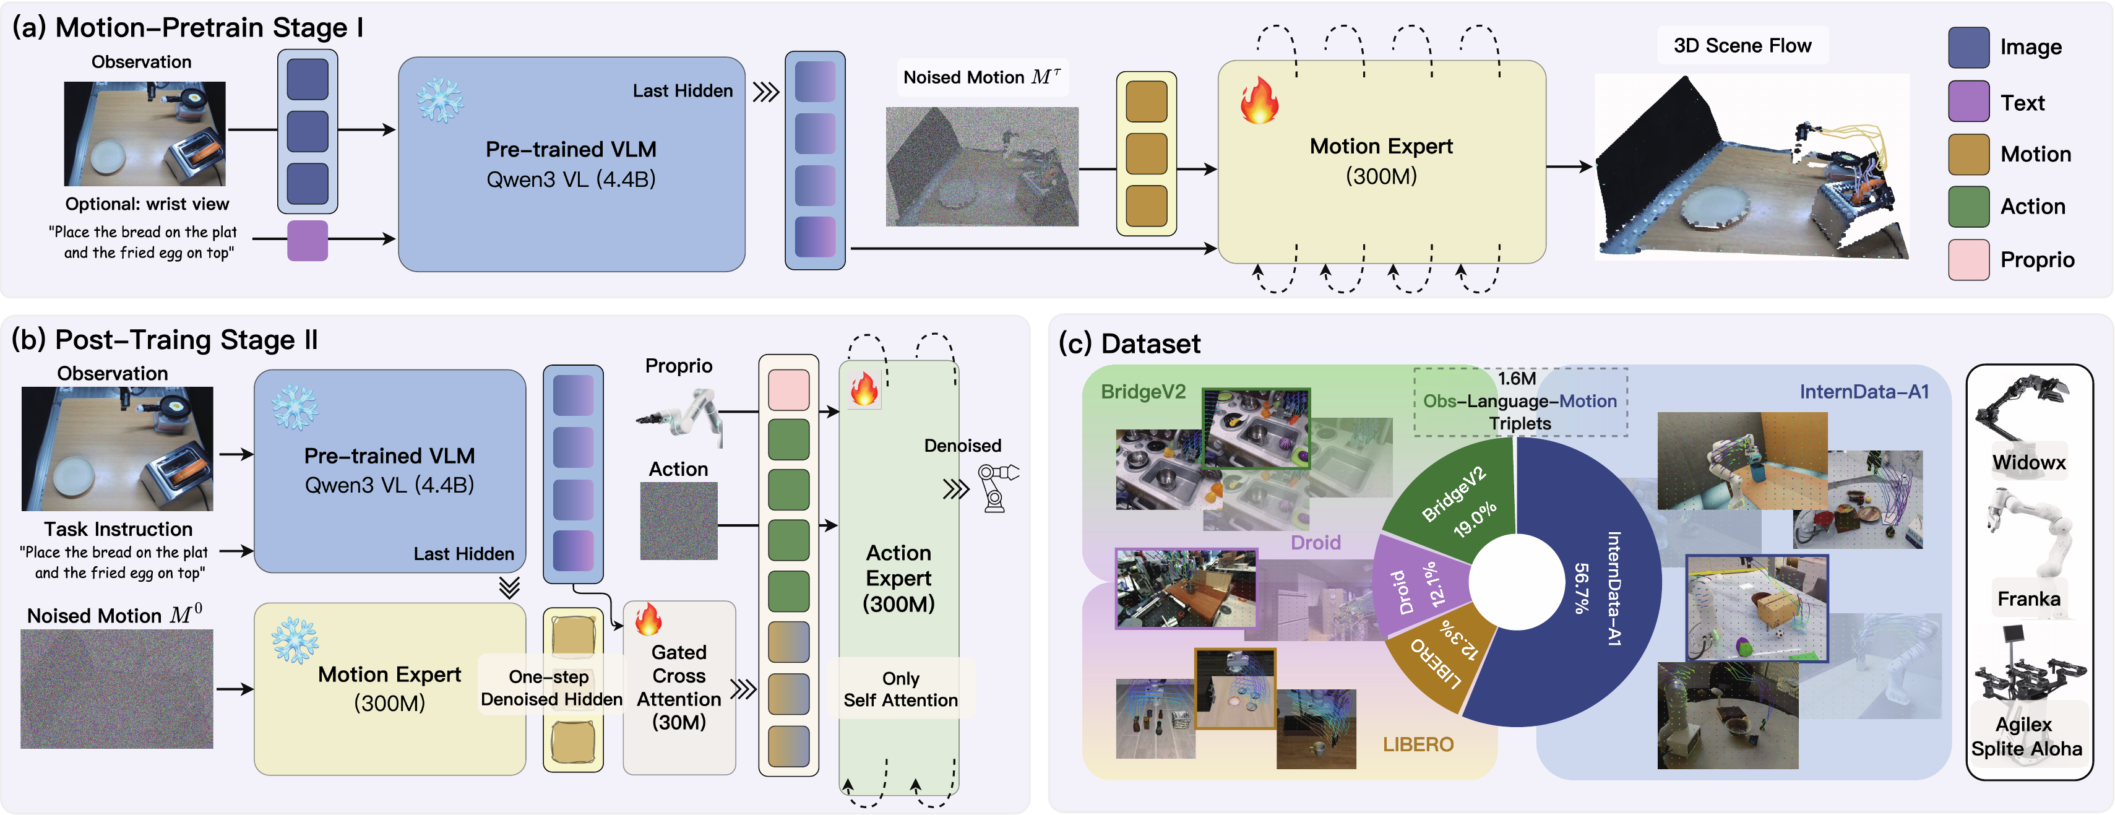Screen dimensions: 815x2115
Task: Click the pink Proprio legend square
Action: (x=1968, y=259)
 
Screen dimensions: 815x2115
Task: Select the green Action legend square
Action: (x=1968, y=206)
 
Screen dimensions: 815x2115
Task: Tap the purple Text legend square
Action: (x=1968, y=101)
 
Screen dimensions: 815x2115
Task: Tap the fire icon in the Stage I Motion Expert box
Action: (x=1259, y=101)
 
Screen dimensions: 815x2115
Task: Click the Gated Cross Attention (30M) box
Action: (x=679, y=687)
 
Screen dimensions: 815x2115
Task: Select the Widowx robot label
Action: (x=2028, y=462)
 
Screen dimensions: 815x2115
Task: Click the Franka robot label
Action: (x=2028, y=599)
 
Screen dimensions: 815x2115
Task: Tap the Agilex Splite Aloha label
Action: (x=2027, y=736)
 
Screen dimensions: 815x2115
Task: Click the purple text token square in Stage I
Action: (x=307, y=241)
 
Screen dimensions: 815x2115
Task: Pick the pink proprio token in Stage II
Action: (x=788, y=390)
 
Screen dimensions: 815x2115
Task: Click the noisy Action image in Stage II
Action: (x=678, y=520)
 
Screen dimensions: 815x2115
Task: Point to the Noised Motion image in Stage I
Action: (x=982, y=166)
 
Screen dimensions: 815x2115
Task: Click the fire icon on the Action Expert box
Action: (x=864, y=388)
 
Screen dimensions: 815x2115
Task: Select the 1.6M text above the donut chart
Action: (x=1517, y=378)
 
